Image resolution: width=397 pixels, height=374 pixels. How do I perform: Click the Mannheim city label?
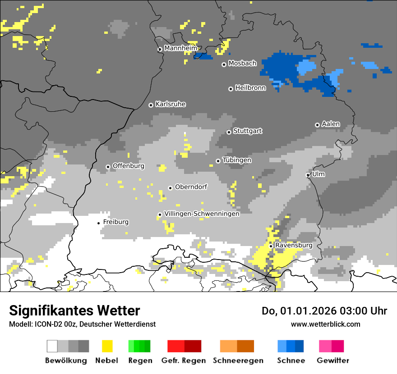point(180,48)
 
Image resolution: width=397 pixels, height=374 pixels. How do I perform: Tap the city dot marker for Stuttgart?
point(229,132)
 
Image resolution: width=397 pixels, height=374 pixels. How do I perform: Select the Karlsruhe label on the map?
point(170,104)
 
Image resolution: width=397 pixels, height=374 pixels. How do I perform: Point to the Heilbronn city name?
point(250,88)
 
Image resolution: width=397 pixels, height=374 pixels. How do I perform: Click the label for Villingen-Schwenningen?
point(202,214)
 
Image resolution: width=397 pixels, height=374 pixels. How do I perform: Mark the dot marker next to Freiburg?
point(98,223)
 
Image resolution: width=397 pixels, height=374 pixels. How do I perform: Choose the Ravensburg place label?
point(294,245)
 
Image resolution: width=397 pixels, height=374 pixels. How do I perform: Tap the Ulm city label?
point(319,174)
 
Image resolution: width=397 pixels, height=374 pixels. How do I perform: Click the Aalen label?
point(331,124)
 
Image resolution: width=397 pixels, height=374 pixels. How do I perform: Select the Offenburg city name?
point(128,166)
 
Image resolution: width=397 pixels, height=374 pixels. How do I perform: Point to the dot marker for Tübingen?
point(218,161)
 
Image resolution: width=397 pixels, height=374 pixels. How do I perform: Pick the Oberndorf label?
point(191,187)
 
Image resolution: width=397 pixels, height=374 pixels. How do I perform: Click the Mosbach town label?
point(242,64)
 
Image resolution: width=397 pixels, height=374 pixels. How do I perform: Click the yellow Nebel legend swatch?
point(107,346)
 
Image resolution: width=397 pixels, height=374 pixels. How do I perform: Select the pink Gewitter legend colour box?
point(325,346)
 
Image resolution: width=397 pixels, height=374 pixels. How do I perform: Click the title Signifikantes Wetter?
point(74,310)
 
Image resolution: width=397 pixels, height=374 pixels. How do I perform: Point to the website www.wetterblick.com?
point(325,324)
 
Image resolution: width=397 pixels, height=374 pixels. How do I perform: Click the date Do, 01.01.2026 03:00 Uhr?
point(324,311)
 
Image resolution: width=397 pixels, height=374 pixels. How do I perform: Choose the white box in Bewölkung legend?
point(52,346)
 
